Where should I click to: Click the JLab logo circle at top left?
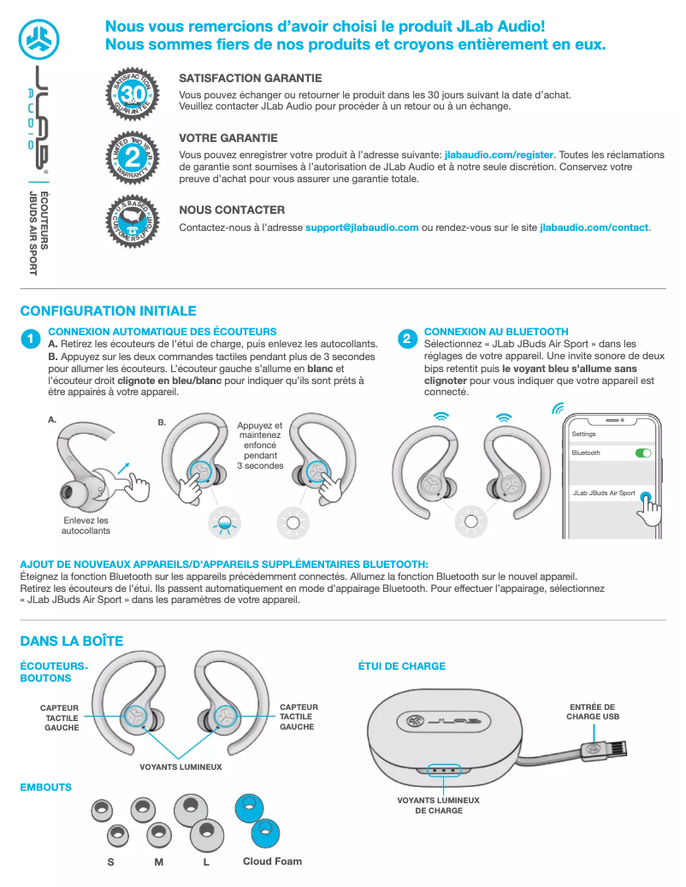[38, 38]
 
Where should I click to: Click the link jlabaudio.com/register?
[500, 155]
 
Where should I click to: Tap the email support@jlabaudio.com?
[362, 228]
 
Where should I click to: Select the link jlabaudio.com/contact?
[594, 228]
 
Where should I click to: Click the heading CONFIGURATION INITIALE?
[108, 311]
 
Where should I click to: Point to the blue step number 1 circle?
[31, 340]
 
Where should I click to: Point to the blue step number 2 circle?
[407, 340]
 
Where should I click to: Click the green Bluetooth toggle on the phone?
[643, 452]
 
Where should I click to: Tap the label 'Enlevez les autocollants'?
[86, 525]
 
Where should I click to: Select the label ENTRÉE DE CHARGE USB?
[592, 712]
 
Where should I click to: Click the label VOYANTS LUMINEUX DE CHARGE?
[438, 805]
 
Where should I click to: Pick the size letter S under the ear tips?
[111, 861]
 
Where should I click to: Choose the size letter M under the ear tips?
[159, 861]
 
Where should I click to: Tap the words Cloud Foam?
[272, 860]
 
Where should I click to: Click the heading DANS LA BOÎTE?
[72, 641]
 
